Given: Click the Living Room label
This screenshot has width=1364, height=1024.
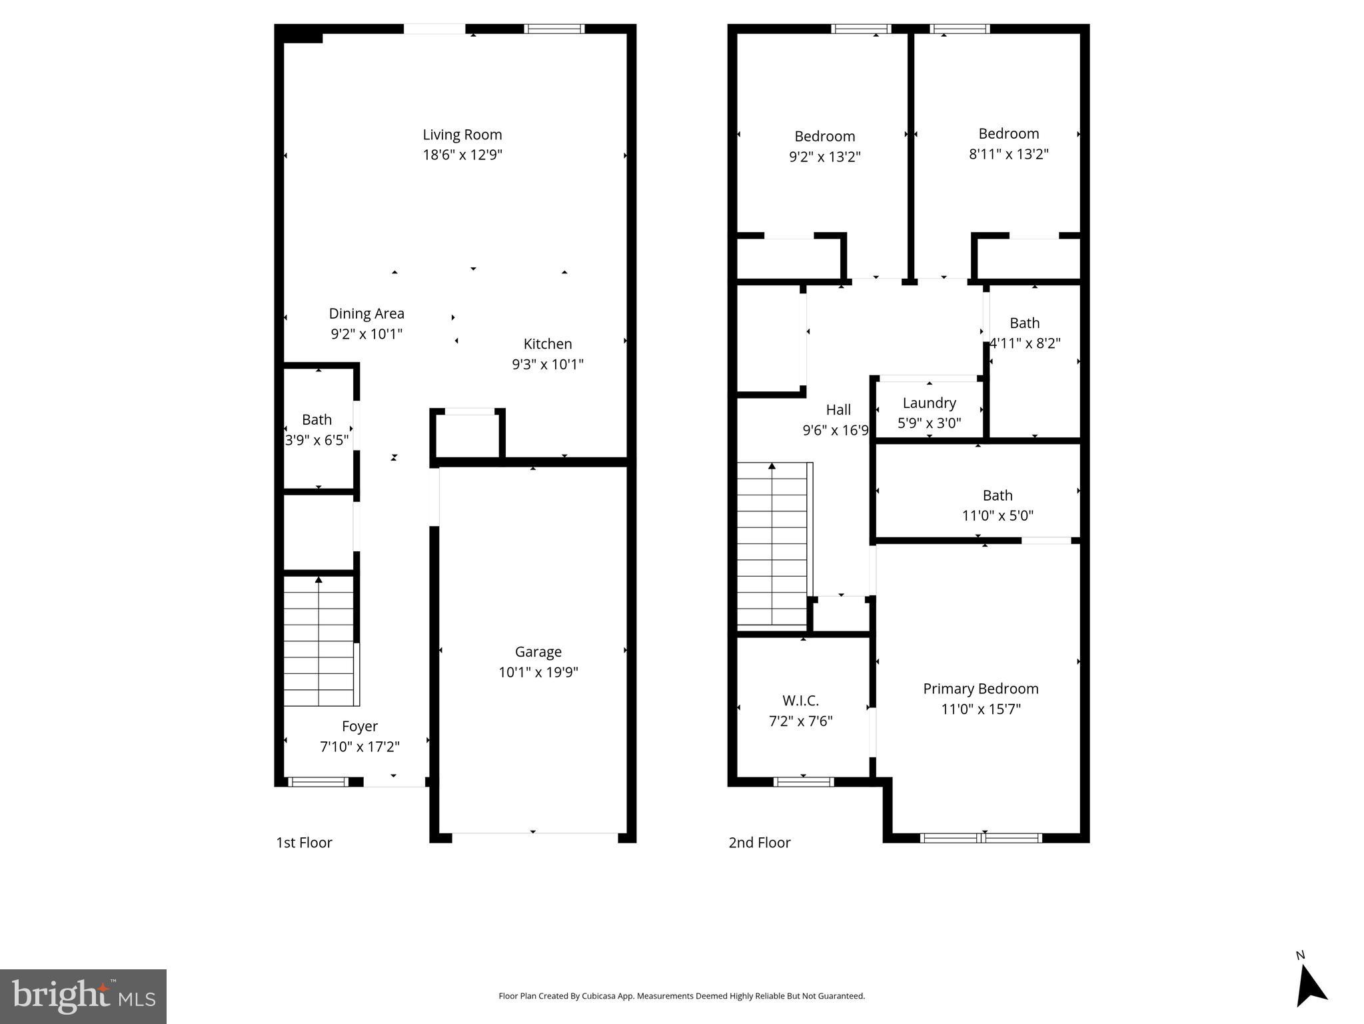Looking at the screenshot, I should click(x=462, y=135).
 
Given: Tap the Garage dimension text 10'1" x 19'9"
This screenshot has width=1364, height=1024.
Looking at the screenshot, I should click(x=538, y=672).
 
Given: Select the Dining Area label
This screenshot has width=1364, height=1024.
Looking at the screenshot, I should click(x=366, y=313).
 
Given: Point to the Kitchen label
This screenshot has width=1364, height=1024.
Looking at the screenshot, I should click(x=547, y=344).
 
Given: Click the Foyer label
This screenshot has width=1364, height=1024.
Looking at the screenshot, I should click(x=359, y=726).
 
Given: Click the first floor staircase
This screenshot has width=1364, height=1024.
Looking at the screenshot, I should click(x=319, y=641).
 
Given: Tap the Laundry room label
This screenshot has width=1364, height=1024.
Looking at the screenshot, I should click(x=929, y=403).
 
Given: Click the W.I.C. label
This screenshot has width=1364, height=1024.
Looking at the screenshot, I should click(x=800, y=701).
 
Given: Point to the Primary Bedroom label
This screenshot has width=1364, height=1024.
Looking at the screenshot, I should click(x=980, y=689).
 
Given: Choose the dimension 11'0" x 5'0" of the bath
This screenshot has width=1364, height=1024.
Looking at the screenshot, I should click(x=998, y=515).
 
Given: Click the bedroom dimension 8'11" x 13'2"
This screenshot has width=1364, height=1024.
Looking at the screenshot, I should click(x=1008, y=154).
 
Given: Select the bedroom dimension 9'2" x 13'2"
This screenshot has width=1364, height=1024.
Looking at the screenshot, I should click(x=824, y=157).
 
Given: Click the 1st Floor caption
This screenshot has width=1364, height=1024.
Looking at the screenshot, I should click(x=304, y=843).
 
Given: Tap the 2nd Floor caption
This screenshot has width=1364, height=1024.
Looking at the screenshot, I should click(x=759, y=843).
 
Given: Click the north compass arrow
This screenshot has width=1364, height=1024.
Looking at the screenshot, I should click(x=1310, y=986).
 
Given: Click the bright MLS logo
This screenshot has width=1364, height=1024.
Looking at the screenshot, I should click(x=83, y=997).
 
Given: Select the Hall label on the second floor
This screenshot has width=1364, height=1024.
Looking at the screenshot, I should click(x=838, y=410).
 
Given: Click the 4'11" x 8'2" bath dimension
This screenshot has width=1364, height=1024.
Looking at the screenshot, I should click(x=1024, y=343).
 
